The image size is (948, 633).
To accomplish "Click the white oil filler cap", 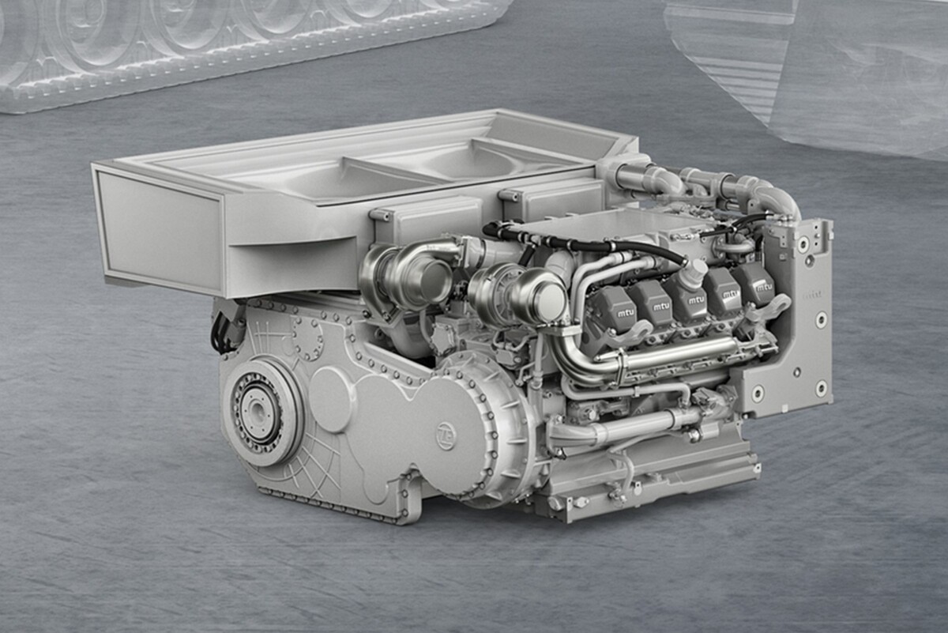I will click(693, 273).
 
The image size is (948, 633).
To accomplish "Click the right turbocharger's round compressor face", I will click(544, 301).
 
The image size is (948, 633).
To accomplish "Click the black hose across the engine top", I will click(585, 244).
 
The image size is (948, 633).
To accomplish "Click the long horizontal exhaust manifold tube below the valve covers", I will click(679, 356).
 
